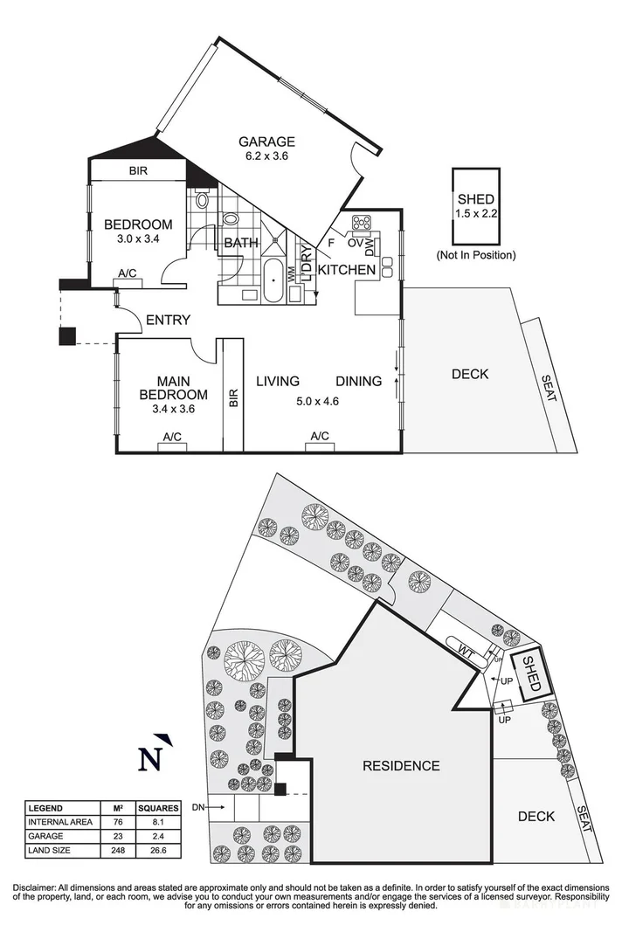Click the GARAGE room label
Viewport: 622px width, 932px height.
pos(268,142)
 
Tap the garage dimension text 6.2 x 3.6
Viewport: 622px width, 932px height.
pos(268,157)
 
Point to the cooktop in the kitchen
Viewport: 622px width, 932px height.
pos(362,222)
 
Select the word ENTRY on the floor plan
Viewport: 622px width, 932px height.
pos(168,320)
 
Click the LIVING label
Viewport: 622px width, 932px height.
pos(278,381)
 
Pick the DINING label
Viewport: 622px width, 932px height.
pos(359,381)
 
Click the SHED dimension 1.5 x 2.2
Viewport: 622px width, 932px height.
pos(474,214)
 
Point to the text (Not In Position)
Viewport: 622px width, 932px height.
pos(475,255)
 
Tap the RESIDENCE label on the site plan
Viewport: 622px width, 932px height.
pos(401,766)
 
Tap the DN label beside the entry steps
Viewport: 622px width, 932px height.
pos(198,807)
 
